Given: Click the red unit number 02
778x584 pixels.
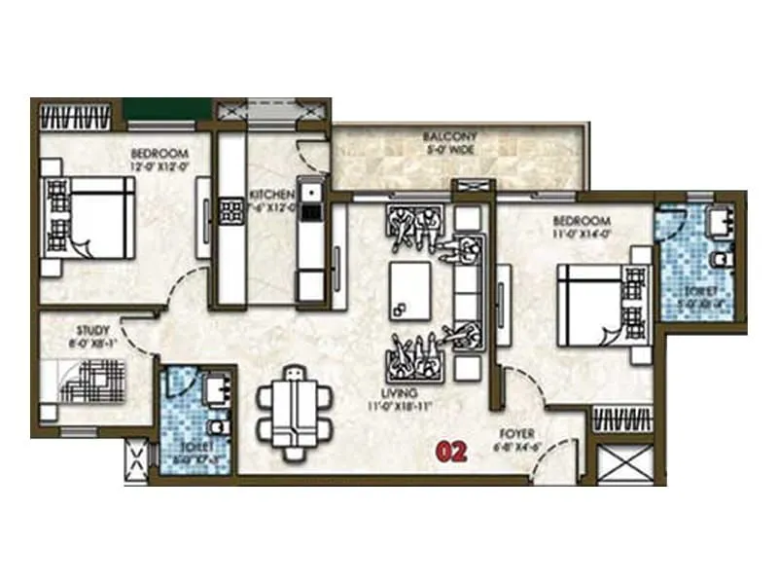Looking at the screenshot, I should coord(453,452).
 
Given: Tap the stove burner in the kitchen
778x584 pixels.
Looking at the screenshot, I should coord(232,211).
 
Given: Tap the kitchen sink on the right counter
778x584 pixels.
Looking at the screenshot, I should coord(310,208).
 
